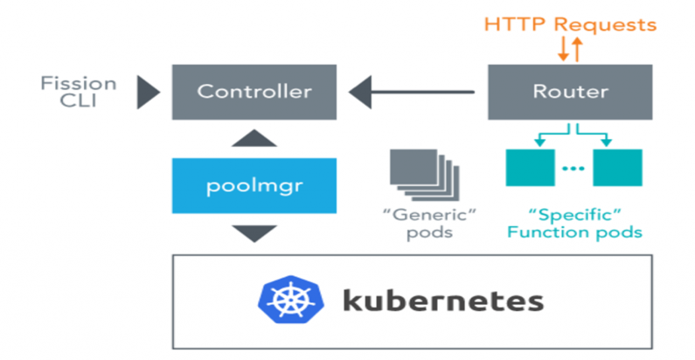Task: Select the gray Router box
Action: (570, 91)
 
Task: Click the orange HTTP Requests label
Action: (570, 24)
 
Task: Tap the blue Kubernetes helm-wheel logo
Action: (288, 301)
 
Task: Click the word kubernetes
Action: (441, 301)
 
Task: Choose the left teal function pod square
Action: (529, 167)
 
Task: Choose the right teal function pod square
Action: (617, 167)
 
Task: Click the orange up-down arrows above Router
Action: (570, 49)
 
